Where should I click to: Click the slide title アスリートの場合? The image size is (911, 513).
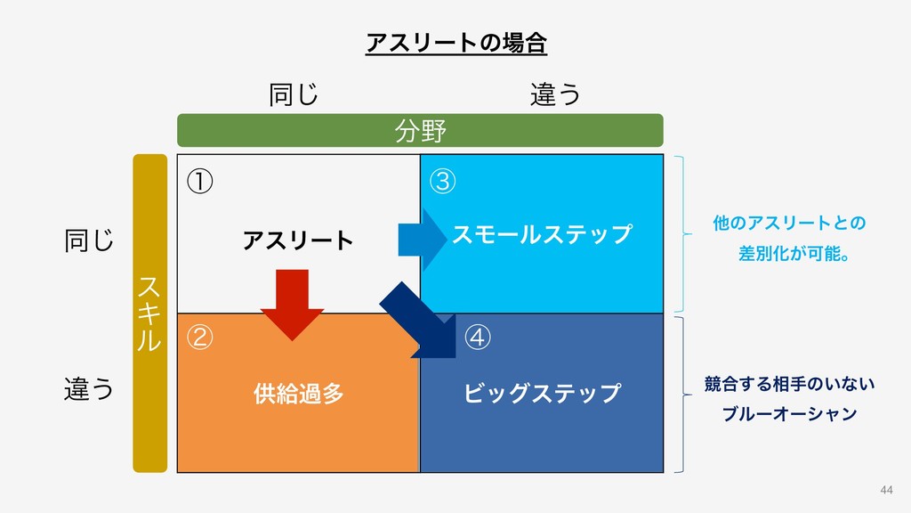pos(455,42)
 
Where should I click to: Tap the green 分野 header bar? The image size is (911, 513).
pos(420,130)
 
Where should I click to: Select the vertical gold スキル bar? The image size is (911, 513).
pos(149,313)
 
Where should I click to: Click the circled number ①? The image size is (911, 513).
pos(199,181)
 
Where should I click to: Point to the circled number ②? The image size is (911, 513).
pos(199,338)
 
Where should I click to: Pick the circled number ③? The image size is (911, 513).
pos(442,181)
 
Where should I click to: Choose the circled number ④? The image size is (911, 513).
pos(478,338)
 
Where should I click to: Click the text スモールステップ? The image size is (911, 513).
pos(542,235)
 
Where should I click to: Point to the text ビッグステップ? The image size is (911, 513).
pos(542,393)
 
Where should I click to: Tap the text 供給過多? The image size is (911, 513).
pos(298,393)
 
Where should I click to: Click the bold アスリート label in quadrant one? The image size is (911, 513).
pos(298,240)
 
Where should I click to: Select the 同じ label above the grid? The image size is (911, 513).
pos(294,94)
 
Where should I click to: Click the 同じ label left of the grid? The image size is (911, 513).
pos(89,240)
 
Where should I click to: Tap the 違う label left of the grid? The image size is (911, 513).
pos(89,389)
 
